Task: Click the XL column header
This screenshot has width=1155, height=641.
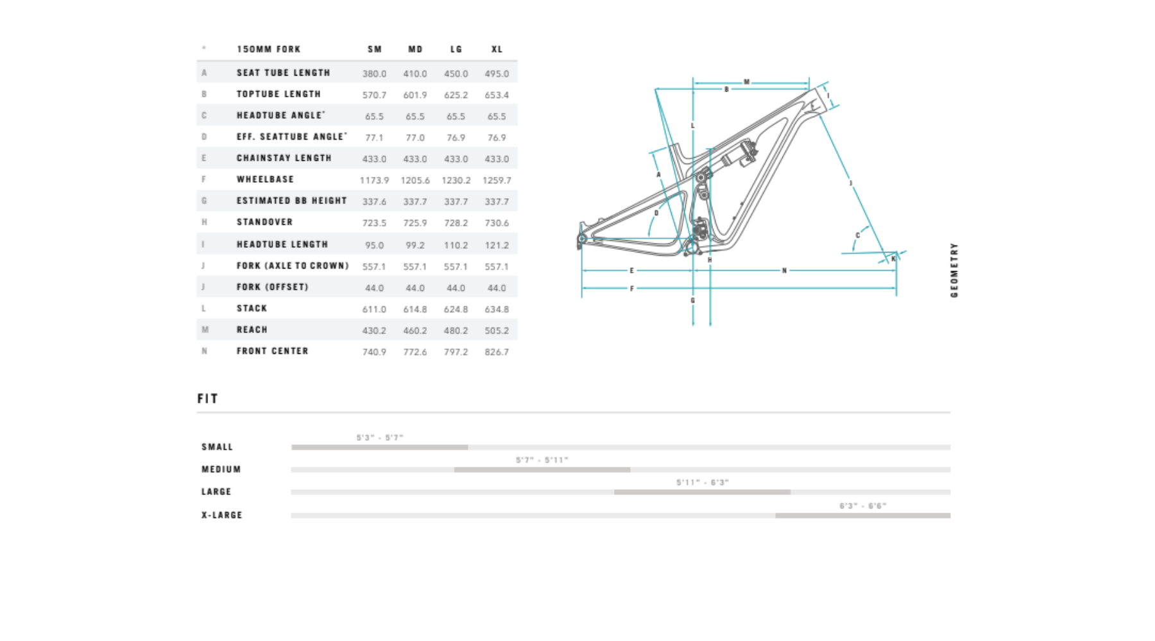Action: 497,49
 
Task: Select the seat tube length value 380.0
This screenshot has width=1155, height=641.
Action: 374,74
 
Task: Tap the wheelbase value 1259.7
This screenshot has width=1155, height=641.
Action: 497,181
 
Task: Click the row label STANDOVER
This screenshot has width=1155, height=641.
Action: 264,222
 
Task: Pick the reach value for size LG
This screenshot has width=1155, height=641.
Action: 456,331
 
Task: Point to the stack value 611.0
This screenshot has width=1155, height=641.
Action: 374,310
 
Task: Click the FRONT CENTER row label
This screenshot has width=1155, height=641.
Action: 272,351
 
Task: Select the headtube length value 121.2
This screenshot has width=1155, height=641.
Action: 497,246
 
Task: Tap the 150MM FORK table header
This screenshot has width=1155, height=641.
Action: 268,49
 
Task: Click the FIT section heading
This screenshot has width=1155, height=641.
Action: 208,399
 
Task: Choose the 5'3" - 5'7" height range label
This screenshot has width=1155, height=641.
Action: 380,438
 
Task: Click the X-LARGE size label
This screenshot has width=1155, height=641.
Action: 222,515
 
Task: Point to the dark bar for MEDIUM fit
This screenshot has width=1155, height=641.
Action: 542,470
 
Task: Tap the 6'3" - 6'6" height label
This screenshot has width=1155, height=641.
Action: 862,506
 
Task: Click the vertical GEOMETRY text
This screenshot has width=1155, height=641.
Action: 954,270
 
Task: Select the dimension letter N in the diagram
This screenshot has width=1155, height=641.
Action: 784,271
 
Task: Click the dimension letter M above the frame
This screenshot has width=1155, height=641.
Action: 746,82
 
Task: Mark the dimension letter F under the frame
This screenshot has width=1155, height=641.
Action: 632,289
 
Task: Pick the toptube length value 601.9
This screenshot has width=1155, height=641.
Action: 415,96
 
